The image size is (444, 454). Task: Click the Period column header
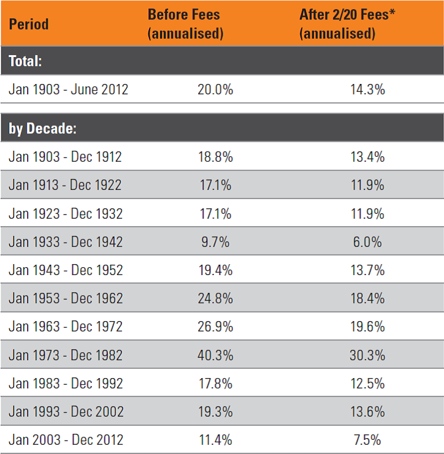click(x=29, y=24)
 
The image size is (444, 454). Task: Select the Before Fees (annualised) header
click(x=185, y=24)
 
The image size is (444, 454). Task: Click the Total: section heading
click(x=25, y=61)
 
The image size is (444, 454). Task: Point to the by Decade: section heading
click(x=42, y=128)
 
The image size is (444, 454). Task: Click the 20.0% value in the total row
click(x=215, y=89)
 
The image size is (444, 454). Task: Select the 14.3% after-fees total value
click(x=367, y=89)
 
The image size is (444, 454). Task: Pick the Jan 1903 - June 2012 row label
click(x=69, y=89)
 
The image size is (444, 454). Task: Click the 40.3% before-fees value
click(x=215, y=355)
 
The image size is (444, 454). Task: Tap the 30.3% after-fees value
click(x=367, y=355)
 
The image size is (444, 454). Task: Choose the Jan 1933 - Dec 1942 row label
click(x=66, y=242)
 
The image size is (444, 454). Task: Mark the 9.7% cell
click(x=215, y=242)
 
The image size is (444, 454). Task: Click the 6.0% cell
click(x=367, y=242)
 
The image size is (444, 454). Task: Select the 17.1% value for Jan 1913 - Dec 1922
click(x=215, y=185)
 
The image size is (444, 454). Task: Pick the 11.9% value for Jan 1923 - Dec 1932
click(x=367, y=214)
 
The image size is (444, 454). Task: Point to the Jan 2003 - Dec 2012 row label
click(x=66, y=440)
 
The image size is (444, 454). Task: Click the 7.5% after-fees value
click(x=367, y=440)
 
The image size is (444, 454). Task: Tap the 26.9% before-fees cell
click(x=215, y=327)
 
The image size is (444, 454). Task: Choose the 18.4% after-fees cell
click(x=367, y=298)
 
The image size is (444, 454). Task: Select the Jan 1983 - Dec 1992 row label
click(x=66, y=384)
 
